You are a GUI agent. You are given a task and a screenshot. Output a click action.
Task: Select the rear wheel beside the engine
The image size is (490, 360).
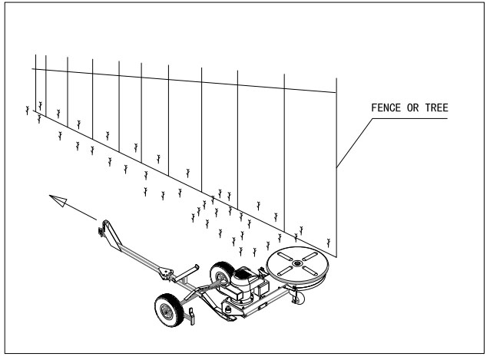223,272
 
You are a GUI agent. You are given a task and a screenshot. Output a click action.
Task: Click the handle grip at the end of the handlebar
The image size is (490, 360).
101,228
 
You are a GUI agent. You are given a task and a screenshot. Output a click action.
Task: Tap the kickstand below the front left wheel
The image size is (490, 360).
192,315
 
